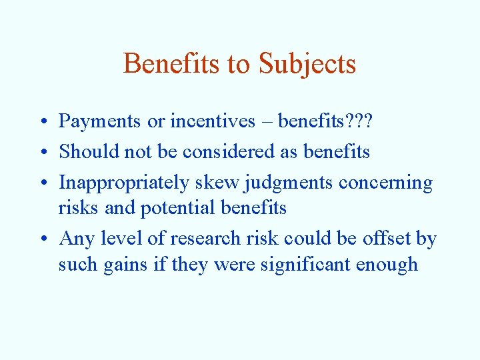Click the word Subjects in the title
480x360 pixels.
point(307,65)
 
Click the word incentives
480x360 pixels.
point(213,121)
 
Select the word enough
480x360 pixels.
point(387,265)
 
